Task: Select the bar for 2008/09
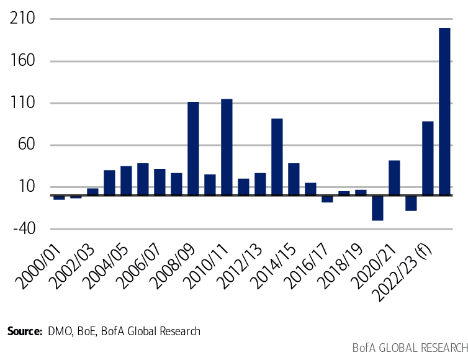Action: [x=193, y=149]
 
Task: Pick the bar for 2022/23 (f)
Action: [x=428, y=158]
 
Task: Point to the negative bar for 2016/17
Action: [x=327, y=199]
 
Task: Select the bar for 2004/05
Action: [x=126, y=181]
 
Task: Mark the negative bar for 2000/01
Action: [x=59, y=197]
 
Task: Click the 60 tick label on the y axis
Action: [x=25, y=145]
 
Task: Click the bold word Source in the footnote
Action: [x=24, y=331]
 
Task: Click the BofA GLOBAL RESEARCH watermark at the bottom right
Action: [x=410, y=347]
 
